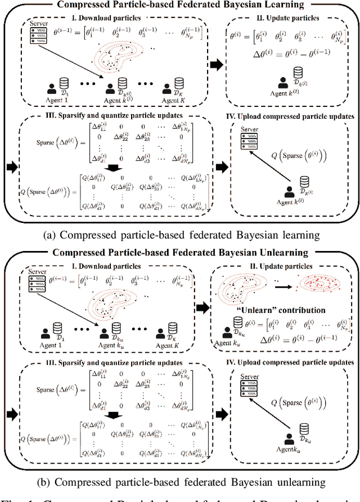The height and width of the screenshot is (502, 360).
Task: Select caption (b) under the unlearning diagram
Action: (x=180, y=482)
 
